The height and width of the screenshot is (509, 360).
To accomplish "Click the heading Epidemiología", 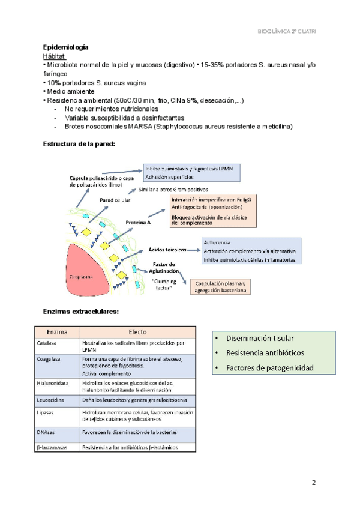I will [67, 47].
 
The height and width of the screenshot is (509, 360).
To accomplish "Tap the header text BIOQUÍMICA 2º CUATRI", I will [287, 30].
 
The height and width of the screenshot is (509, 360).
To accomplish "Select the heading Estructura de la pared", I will [79, 144].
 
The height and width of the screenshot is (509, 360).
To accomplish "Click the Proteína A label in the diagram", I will [138, 223].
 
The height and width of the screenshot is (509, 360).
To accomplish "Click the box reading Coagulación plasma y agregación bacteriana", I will [221, 286].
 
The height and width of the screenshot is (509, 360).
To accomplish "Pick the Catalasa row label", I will [47, 343].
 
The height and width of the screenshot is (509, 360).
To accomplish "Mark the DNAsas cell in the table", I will [46, 432].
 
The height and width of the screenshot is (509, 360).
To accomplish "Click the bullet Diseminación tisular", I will [264, 339].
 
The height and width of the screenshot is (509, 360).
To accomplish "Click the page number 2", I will [314, 482].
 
